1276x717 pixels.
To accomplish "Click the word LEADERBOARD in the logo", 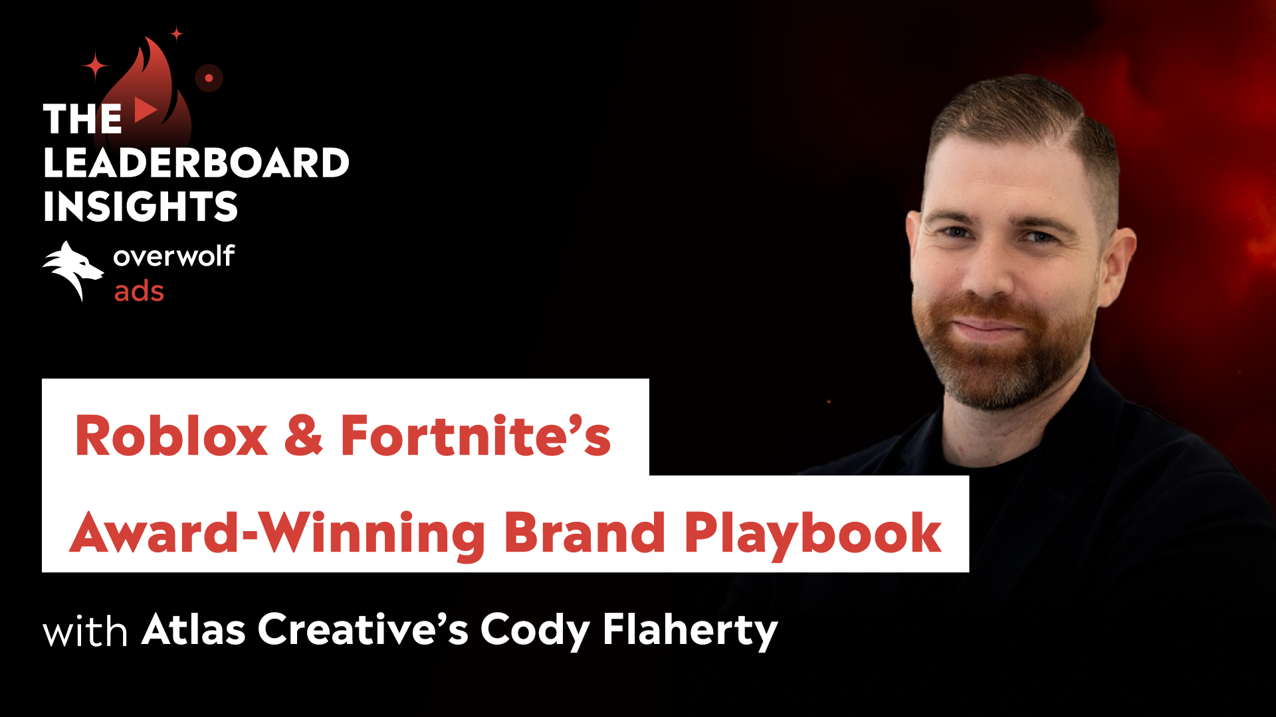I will (x=196, y=163).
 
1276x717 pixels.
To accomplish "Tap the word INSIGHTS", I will (x=140, y=206).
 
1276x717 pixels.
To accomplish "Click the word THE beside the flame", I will (x=82, y=119).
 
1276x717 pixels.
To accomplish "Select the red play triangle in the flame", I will (x=145, y=110).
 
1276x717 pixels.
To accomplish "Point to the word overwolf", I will (x=173, y=256).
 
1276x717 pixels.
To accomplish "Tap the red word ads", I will (x=139, y=291).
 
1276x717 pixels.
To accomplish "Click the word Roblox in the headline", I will (x=171, y=436).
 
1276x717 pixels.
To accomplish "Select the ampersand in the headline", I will (x=304, y=436).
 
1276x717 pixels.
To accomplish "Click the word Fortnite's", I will (x=475, y=436).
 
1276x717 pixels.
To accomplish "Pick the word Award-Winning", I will (x=278, y=533).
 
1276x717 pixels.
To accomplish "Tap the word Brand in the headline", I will (x=585, y=533).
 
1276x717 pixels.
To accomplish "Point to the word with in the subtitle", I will (x=85, y=631).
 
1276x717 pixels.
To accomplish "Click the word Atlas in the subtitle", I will (x=193, y=629).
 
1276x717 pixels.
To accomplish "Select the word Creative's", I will (x=363, y=629).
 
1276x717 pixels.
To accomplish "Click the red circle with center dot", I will (x=209, y=78).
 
